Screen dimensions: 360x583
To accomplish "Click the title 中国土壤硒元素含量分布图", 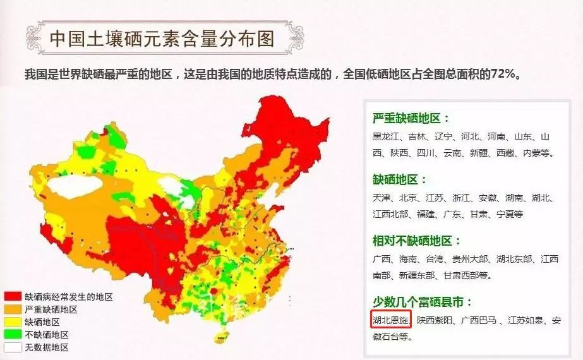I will coord(162,39).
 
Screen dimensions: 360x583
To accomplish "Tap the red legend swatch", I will coord(13,296).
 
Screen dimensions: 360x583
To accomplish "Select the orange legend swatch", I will coord(13,309).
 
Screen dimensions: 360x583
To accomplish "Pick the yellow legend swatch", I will coord(13,321).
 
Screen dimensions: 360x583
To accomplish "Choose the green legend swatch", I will coord(13,335).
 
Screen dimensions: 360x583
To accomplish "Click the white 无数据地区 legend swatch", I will coord(13,347).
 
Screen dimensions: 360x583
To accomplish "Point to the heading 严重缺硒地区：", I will coord(411,118).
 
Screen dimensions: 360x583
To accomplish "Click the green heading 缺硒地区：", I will coord(400,179).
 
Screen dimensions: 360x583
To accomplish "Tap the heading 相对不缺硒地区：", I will coord(417,241).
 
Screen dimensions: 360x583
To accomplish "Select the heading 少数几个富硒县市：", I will coord(423,302).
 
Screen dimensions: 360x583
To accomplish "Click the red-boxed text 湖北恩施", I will coord(391,320).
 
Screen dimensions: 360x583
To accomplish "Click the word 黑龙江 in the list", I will coord(386,136).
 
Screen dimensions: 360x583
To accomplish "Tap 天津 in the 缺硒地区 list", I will coord(382,198).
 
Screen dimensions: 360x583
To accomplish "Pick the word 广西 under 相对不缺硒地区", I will coord(382,259).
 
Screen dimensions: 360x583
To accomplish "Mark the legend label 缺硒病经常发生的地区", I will coord(69,296).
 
